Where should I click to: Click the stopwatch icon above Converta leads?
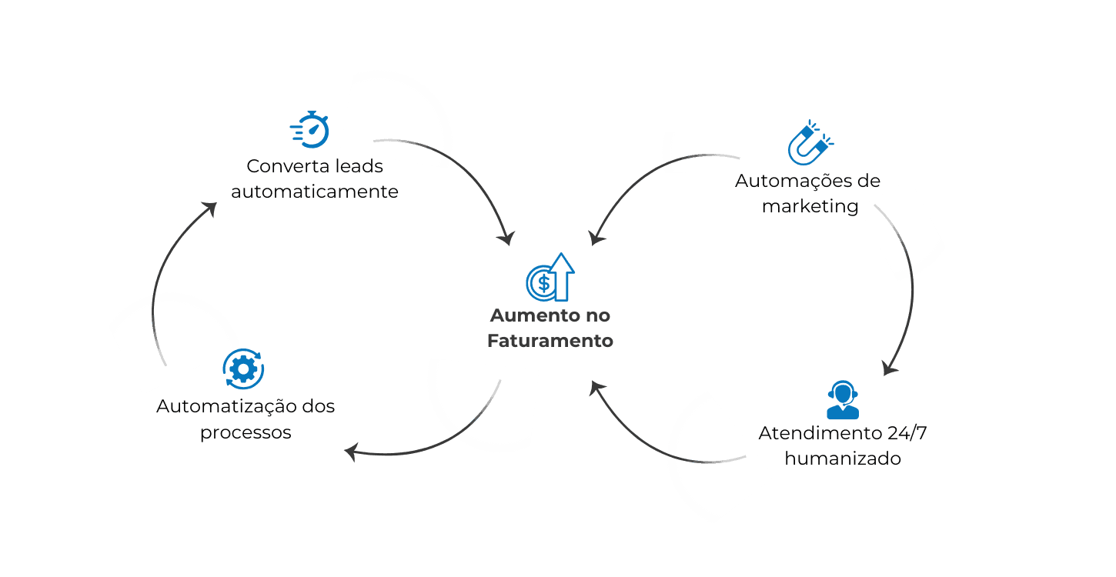[311, 129]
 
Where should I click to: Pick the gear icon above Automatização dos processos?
[243, 369]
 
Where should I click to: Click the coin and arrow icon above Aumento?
[550, 278]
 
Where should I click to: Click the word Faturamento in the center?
[550, 340]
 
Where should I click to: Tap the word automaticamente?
[315, 192]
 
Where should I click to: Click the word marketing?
[809, 206]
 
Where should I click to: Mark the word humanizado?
[843, 459]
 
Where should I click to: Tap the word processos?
[246, 432]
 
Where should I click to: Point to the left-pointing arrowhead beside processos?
[350, 452]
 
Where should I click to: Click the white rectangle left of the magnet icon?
[706, 152]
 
